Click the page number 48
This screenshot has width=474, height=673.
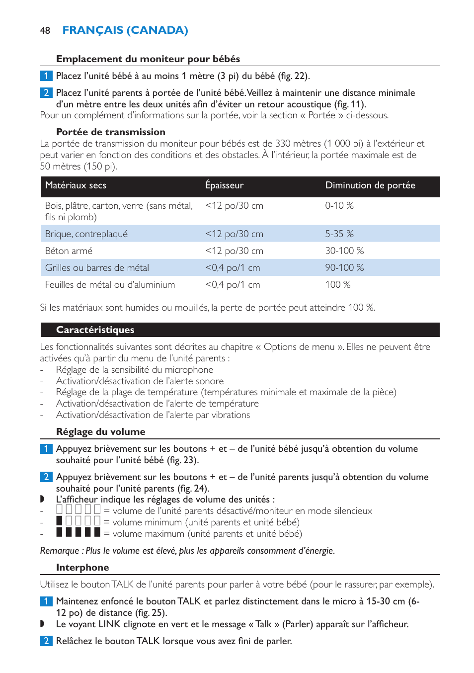[x=45, y=31]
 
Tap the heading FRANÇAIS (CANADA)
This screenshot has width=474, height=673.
[x=125, y=30]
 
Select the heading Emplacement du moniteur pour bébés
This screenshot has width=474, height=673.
[x=148, y=59]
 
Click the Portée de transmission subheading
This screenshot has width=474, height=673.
[x=110, y=132]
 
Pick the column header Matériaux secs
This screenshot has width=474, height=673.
[x=76, y=185]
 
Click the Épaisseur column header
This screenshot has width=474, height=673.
[x=224, y=185]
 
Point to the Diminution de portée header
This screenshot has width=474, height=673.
[x=370, y=185]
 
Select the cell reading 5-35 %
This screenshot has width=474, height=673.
[x=339, y=234]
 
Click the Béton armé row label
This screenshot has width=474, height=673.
[x=69, y=251]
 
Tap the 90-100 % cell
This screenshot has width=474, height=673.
[x=344, y=268]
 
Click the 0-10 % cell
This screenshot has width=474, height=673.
[x=339, y=206]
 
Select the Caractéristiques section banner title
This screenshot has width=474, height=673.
[x=95, y=330]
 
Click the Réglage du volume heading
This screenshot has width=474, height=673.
[x=100, y=432]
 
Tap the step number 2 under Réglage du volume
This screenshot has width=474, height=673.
[x=46, y=477]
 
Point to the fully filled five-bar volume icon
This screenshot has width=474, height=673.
[x=78, y=532]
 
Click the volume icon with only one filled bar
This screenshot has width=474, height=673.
[x=78, y=521]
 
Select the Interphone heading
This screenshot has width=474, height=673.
[x=82, y=568]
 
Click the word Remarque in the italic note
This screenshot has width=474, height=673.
[x=59, y=551]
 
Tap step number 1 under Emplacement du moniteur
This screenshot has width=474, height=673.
[x=46, y=76]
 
